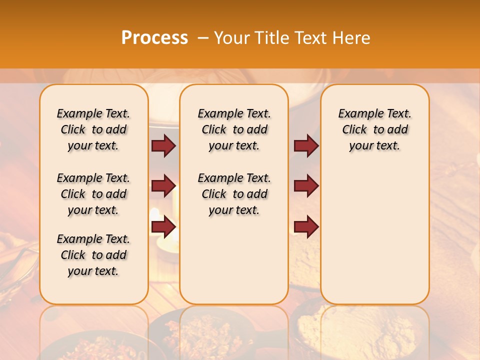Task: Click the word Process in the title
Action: click(154, 38)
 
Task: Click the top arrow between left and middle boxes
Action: click(163, 146)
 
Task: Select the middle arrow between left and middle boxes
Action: click(163, 186)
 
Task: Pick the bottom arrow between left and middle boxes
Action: click(163, 226)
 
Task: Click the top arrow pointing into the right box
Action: click(306, 146)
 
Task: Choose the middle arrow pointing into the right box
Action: click(306, 186)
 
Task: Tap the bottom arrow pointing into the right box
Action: click(306, 226)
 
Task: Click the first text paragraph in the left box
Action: click(93, 129)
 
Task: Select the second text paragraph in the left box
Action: click(93, 194)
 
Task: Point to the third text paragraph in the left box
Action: click(93, 255)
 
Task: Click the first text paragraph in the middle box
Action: click(234, 129)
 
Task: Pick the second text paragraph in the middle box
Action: click(234, 194)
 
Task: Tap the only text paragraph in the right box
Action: click(375, 129)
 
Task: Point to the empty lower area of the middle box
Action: click(234, 260)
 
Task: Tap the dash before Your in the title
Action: click(203, 38)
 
